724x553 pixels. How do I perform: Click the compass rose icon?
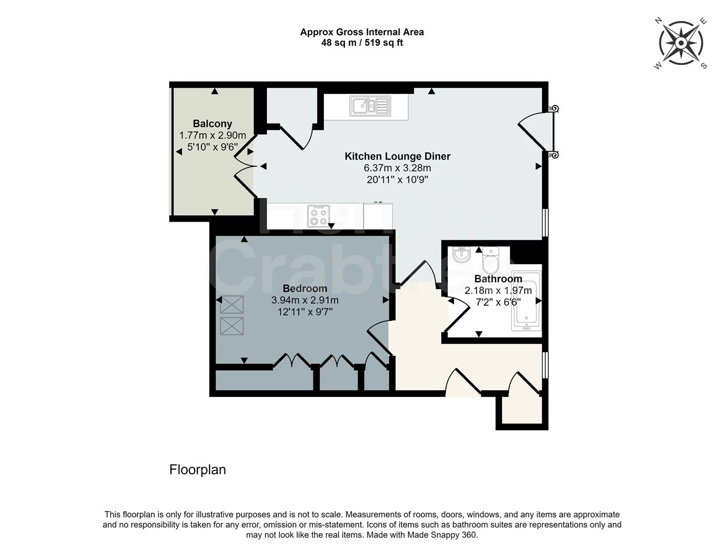(680, 43)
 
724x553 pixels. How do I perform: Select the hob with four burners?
(318, 216)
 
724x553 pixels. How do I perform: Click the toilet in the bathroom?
(490, 260)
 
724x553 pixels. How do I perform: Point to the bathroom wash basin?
(462, 254)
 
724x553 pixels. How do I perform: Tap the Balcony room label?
(212, 123)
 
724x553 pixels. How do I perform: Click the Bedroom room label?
(304, 288)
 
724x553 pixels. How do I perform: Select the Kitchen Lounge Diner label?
(397, 156)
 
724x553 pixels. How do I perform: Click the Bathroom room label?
(498, 279)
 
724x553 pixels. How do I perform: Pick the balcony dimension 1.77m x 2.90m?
(212, 136)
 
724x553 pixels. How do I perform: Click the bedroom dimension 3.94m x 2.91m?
(304, 300)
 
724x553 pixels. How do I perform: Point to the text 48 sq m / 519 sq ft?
(362, 43)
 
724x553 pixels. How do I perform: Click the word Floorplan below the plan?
(197, 470)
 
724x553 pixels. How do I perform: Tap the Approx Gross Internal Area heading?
(362, 32)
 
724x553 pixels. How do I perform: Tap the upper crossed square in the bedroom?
(232, 305)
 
